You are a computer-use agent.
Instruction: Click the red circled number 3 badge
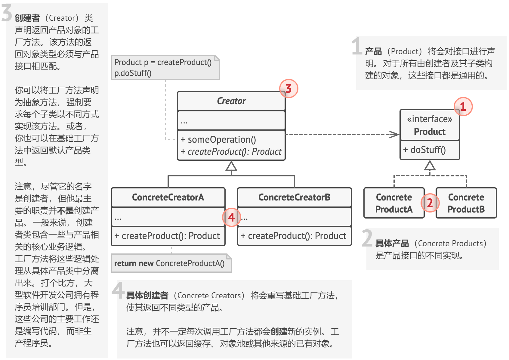(288, 88)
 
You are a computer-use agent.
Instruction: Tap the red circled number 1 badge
(463, 106)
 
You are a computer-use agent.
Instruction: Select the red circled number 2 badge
(430, 203)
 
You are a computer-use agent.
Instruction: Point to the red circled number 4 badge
(231, 217)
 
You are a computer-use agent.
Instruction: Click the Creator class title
(231, 101)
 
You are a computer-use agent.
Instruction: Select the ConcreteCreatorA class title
(168, 197)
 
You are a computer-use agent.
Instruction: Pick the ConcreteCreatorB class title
(294, 197)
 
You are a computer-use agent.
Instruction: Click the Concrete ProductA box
(394, 203)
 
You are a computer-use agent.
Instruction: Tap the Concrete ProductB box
(466, 203)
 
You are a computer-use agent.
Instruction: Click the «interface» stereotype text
(430, 119)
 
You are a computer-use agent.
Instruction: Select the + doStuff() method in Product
(424, 150)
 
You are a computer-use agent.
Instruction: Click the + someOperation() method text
(218, 140)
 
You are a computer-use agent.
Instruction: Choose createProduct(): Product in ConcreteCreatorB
(294, 236)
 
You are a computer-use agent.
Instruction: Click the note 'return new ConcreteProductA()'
(169, 263)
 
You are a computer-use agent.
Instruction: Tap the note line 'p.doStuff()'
(133, 73)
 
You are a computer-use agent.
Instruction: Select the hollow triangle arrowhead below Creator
(231, 166)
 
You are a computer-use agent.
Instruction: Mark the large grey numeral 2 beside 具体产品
(367, 238)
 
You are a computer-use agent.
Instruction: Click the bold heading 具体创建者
(147, 296)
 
